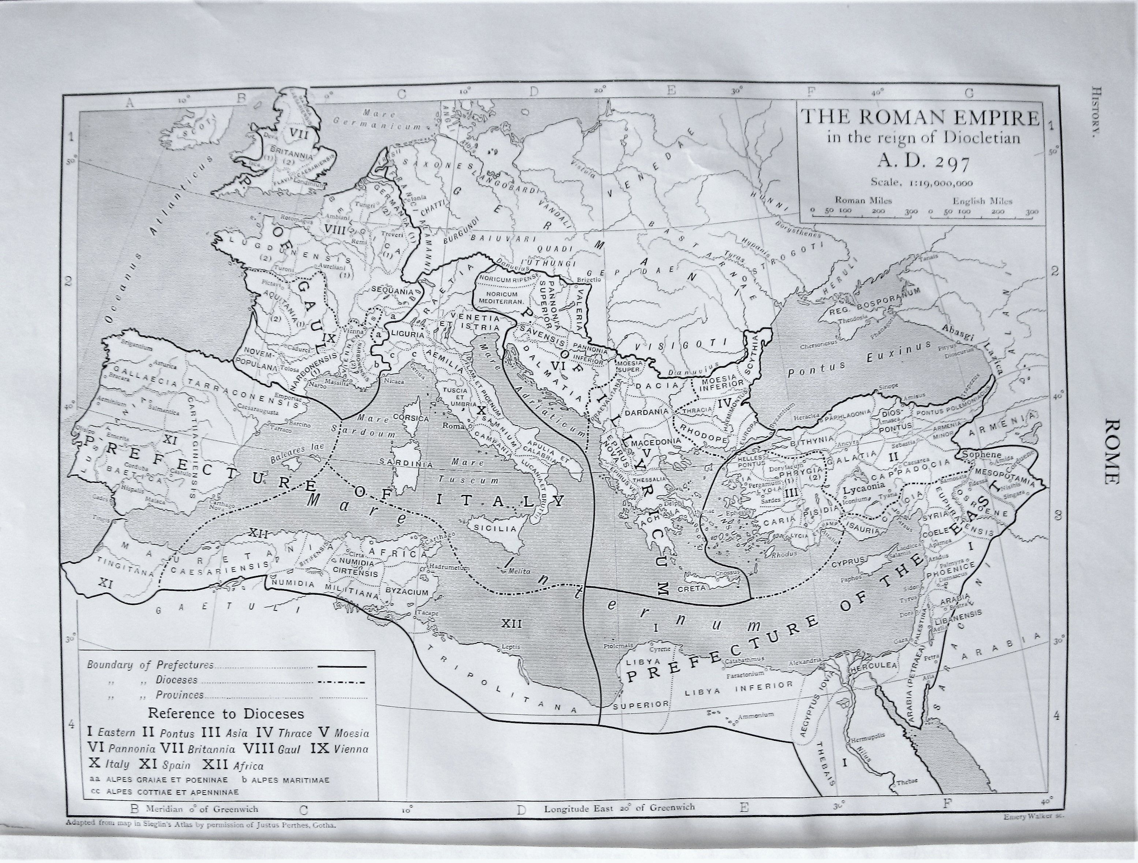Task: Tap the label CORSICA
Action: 411,419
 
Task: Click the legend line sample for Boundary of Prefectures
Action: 342,666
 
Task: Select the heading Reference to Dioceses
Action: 226,714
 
